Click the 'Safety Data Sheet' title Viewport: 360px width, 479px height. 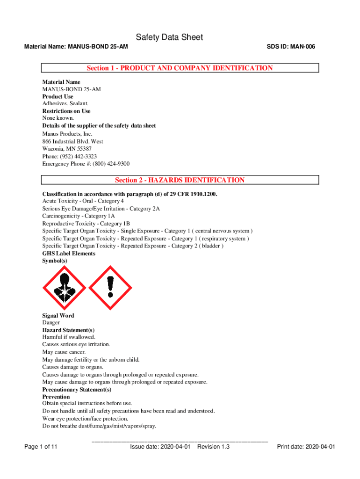[x=169, y=37]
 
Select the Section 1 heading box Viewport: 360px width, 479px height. [x=180, y=68]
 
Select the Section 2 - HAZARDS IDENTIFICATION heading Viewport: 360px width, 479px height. [x=180, y=180]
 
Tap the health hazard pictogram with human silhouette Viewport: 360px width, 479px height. [x=64, y=287]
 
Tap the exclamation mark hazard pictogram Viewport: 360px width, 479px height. [x=110, y=287]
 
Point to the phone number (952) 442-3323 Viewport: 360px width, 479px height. [x=83, y=156]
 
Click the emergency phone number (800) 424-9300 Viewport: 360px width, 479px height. [x=112, y=164]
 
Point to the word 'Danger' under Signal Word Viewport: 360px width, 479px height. [x=51, y=323]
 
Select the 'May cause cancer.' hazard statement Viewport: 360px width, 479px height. [x=64, y=352]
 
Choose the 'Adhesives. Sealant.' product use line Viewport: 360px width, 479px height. [x=65, y=103]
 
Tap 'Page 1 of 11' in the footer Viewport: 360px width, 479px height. [x=41, y=447]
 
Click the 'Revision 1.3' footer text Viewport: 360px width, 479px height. [x=213, y=447]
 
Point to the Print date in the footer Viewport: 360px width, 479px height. [x=306, y=447]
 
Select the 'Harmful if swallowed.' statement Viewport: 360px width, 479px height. [x=69, y=337]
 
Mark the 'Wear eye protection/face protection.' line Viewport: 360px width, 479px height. [x=88, y=419]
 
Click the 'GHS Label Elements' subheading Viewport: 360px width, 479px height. [x=69, y=254]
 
